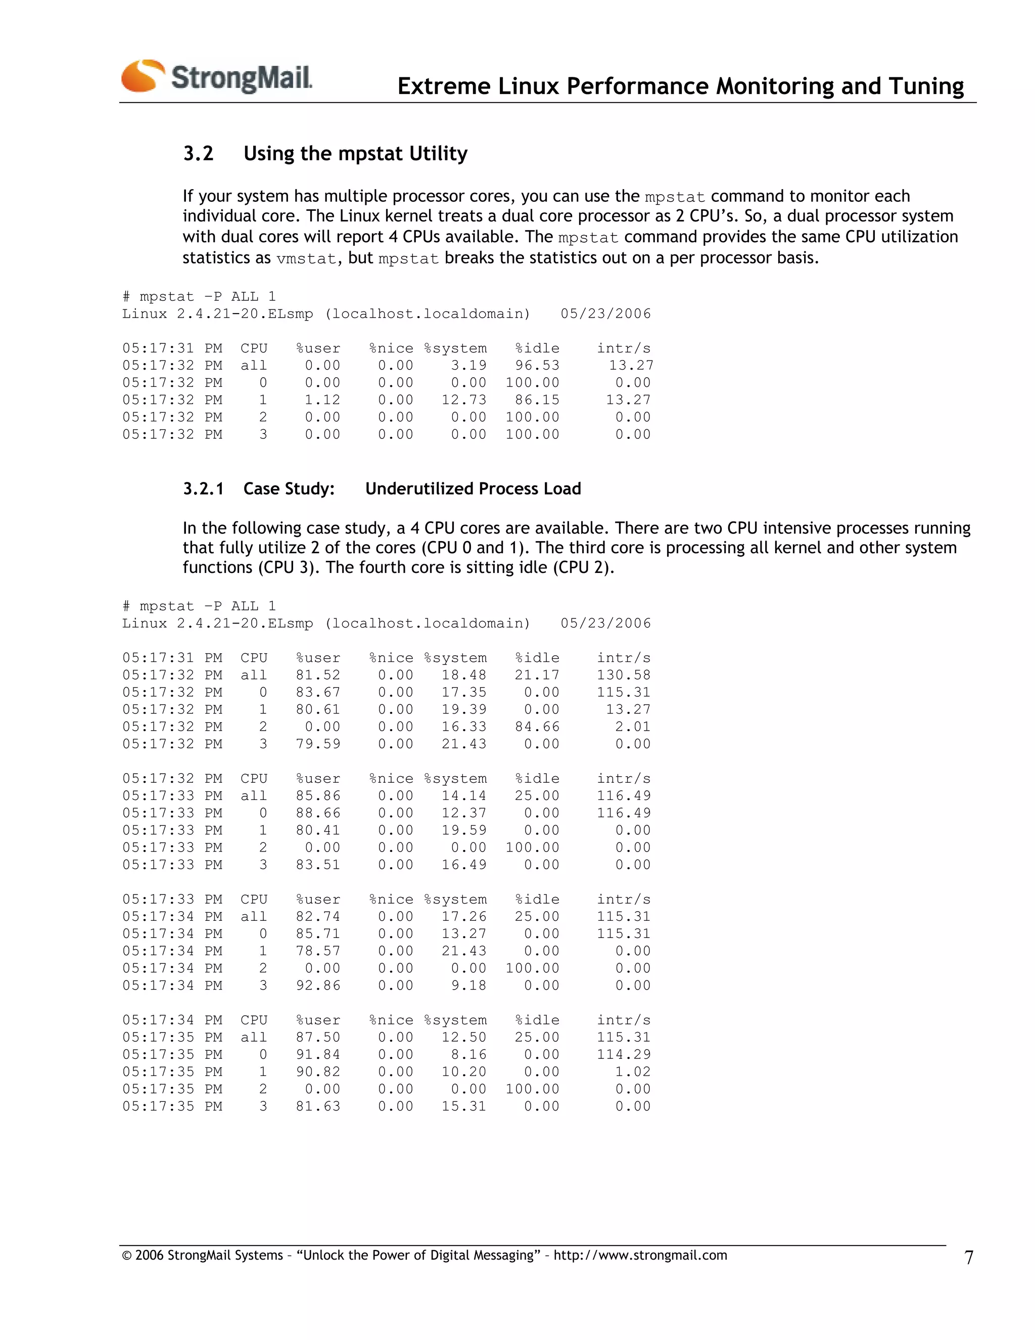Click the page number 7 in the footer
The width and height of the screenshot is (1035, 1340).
[x=969, y=1257]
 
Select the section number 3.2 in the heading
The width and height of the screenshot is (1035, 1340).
[x=198, y=153]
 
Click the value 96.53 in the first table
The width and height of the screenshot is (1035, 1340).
[x=537, y=366]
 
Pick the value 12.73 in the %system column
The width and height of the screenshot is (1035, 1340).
[x=464, y=400]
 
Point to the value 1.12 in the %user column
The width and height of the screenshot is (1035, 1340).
[x=322, y=400]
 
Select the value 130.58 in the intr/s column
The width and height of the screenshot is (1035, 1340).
[x=624, y=675]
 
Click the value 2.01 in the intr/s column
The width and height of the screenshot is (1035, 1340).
[x=633, y=727]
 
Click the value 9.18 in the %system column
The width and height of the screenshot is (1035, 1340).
[x=469, y=986]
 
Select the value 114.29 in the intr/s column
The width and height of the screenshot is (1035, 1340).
[x=624, y=1055]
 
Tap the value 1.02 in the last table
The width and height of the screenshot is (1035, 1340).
[x=633, y=1072]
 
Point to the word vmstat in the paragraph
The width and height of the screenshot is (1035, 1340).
[x=306, y=259]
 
